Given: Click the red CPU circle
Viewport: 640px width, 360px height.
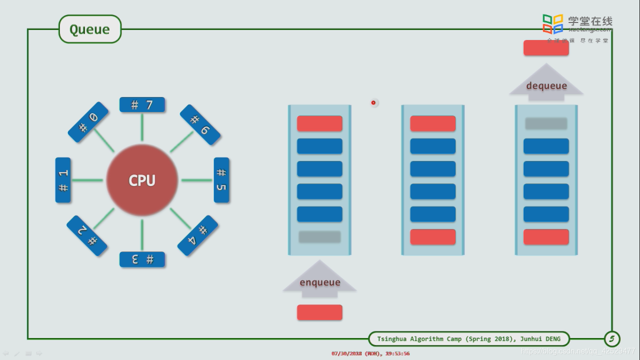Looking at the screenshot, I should [x=142, y=180].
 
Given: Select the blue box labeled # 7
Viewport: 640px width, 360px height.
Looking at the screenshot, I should [x=142, y=105].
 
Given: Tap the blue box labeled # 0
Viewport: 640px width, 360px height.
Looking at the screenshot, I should [x=88, y=122].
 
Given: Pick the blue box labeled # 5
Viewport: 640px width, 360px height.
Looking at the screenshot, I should [x=221, y=180].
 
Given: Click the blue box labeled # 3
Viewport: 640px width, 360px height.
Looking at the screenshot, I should [x=142, y=259].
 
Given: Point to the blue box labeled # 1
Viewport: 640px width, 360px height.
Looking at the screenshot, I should [x=63, y=180].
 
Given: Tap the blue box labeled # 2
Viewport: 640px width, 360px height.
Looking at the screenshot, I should [x=87, y=236].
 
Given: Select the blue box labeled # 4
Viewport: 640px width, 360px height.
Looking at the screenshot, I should [x=198, y=235].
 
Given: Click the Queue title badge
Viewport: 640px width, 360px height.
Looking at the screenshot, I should [x=89, y=29].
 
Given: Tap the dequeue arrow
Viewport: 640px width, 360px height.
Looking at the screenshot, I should [x=546, y=84].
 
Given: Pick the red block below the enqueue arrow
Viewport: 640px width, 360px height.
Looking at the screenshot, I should [x=320, y=312].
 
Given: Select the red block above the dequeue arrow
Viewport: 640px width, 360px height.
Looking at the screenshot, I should [x=546, y=48].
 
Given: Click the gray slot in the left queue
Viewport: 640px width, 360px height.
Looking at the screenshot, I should [x=320, y=237].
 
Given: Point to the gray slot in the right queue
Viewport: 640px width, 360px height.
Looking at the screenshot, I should [x=546, y=123].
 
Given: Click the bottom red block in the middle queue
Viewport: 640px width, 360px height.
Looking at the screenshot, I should [x=433, y=237].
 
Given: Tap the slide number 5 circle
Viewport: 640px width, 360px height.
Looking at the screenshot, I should [x=612, y=338].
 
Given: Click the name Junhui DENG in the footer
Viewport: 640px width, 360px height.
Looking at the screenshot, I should [x=540, y=339].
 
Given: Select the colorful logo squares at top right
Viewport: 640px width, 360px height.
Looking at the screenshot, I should [x=553, y=23].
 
